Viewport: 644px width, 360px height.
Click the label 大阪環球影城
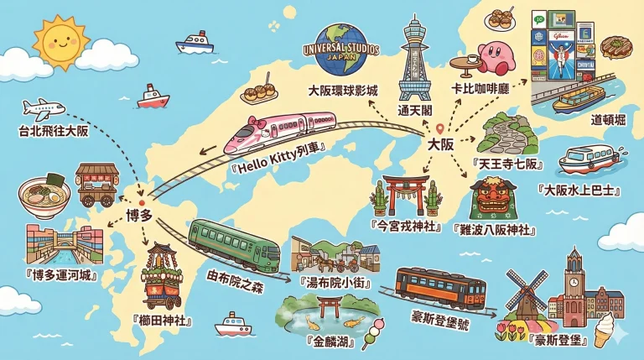[x=343, y=90]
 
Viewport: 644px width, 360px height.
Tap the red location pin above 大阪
[x=439, y=128]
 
